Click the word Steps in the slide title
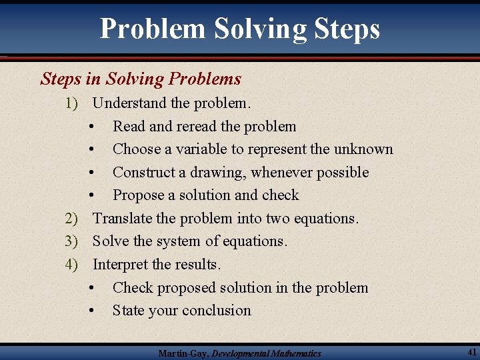[x=345, y=29]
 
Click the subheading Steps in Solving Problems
[x=141, y=79]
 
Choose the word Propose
[x=138, y=195]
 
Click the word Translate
[x=121, y=218]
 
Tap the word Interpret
[x=121, y=265]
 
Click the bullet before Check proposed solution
[x=91, y=288]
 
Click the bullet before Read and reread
[x=91, y=127]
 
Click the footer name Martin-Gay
[x=183, y=353]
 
